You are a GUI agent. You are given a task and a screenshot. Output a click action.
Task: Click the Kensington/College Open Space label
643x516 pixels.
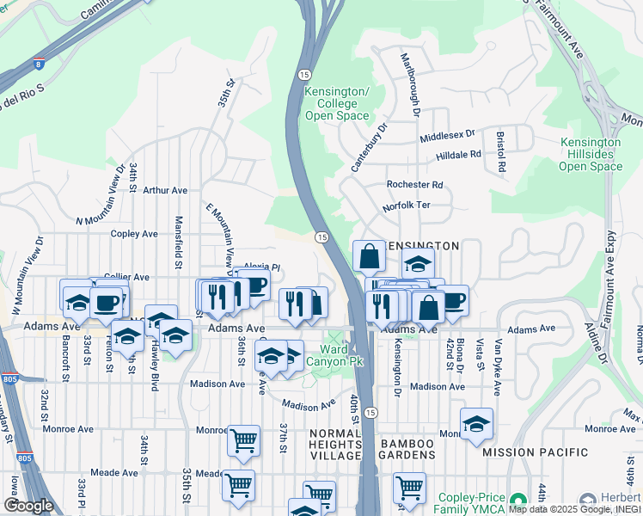337,104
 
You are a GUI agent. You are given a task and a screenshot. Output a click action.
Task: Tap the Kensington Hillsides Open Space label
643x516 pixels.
591,154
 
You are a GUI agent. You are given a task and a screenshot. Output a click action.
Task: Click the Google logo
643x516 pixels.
28,506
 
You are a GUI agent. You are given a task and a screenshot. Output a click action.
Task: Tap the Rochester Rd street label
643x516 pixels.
414,184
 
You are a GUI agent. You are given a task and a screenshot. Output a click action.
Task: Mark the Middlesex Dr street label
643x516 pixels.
447,137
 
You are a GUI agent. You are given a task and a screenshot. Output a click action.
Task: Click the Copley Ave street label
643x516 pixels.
134,233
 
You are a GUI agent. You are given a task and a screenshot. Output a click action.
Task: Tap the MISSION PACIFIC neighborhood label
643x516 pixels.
536,452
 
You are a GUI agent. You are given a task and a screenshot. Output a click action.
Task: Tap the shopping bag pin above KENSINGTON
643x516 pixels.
369,256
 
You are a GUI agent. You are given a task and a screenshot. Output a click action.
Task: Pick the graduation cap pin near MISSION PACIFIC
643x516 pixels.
476,424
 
